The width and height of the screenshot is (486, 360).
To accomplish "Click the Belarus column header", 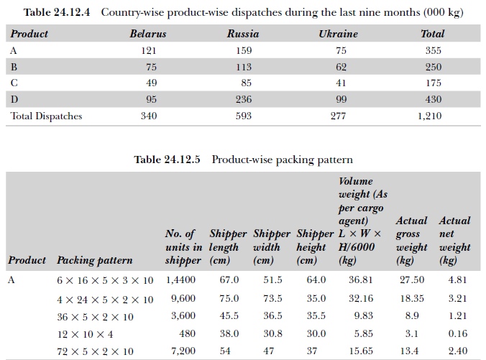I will (x=148, y=34).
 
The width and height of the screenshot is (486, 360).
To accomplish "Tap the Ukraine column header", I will (x=338, y=34).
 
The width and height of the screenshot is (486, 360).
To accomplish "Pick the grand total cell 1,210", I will (x=429, y=116).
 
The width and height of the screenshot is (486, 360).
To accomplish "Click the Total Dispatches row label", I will (x=46, y=116).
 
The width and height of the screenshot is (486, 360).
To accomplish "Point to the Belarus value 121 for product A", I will (x=149, y=50).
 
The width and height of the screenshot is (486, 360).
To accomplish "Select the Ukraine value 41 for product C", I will (x=341, y=83).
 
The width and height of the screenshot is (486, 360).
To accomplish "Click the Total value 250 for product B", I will (x=432, y=67).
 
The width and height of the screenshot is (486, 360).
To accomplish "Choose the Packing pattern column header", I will (x=95, y=260).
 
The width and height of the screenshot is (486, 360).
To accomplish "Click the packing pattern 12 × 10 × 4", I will (x=84, y=334).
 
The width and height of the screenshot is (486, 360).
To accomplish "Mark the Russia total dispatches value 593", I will (x=243, y=116).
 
